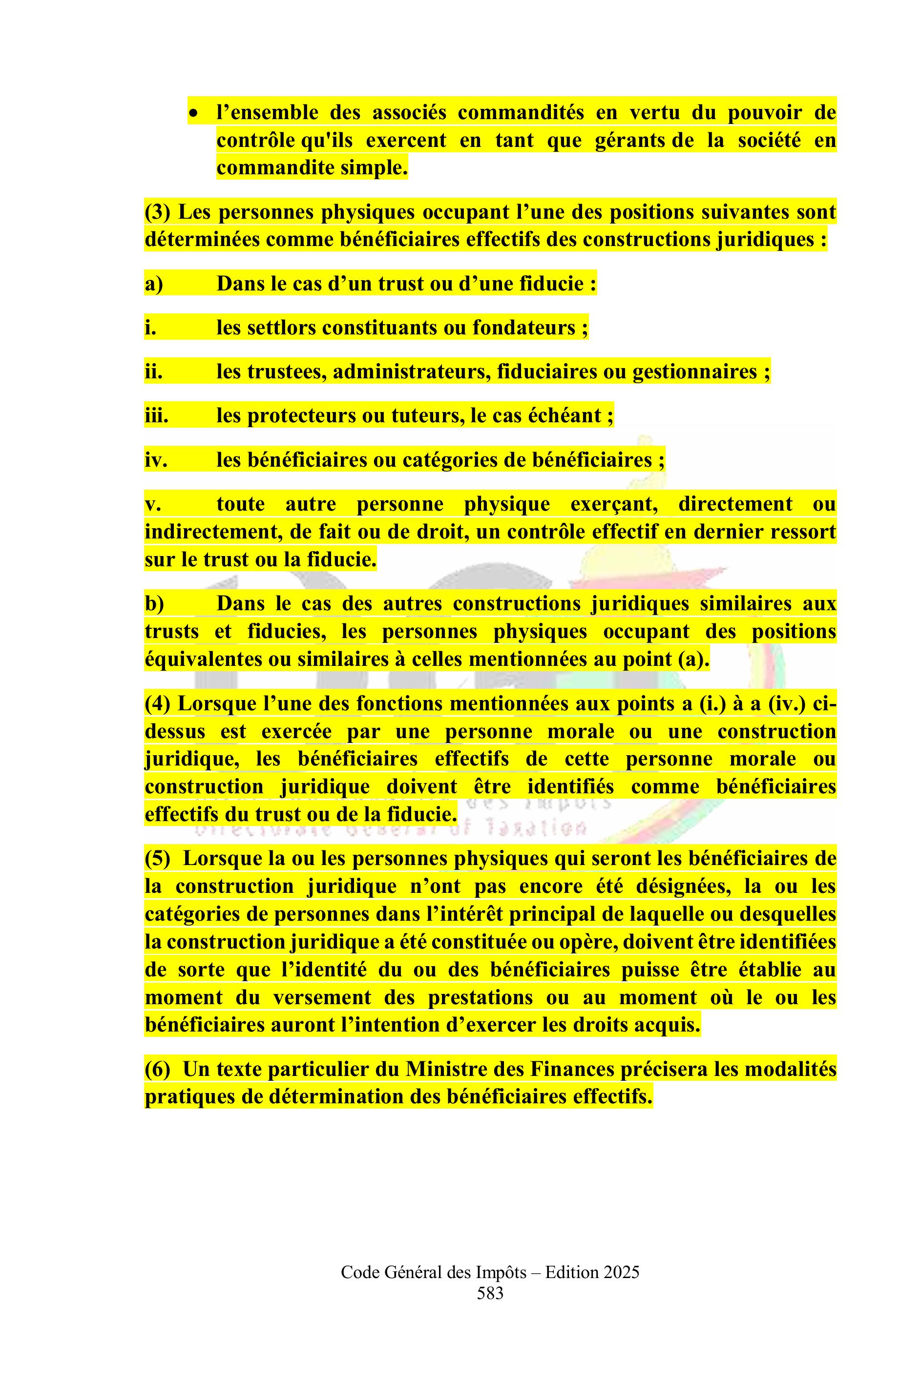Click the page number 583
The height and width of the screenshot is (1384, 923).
pos(490,1294)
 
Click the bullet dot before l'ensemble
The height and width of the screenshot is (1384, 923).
pos(192,112)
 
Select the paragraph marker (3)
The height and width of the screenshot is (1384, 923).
pos(157,212)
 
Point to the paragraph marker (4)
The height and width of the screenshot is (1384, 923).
pos(157,703)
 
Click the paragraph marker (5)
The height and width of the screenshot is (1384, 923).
pos(157,859)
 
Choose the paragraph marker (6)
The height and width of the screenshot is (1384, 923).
pos(157,1069)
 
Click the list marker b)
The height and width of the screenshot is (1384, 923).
pos(154,604)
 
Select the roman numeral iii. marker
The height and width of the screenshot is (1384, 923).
pos(156,416)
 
